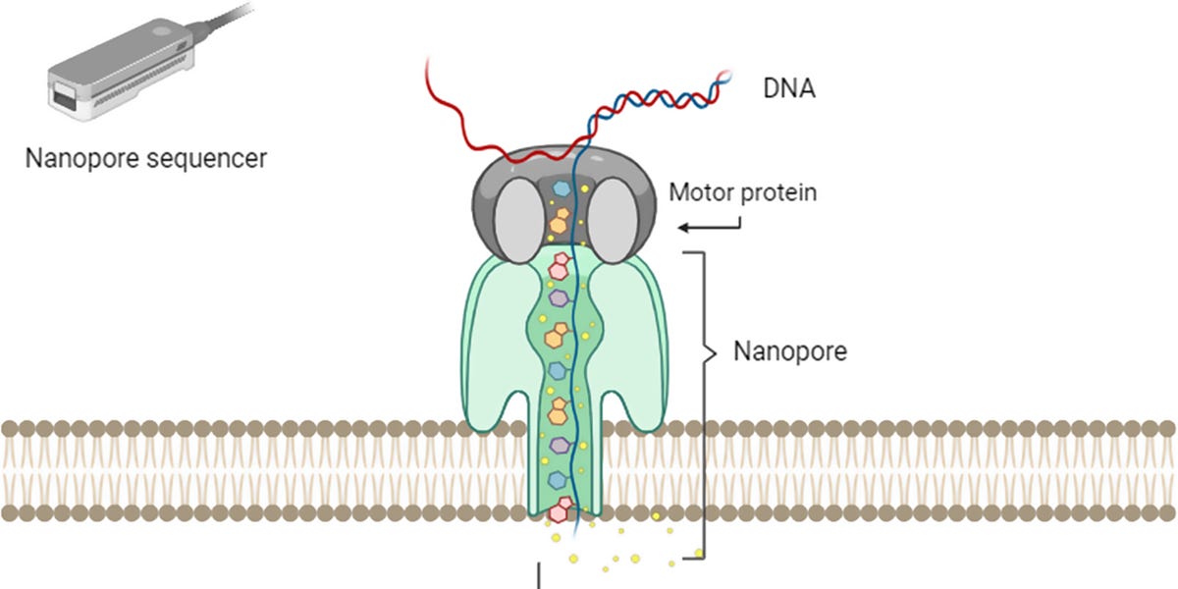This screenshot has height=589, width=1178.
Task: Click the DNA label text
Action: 789,90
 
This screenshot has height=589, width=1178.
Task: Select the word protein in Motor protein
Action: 779,193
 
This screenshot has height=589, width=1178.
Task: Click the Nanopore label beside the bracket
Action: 790,351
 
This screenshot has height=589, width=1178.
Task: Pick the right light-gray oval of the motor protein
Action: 617,219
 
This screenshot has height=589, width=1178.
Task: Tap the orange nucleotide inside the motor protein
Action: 559,220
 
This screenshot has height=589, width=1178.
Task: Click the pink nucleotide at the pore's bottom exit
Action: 560,510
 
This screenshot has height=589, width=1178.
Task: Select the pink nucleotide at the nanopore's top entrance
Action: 560,265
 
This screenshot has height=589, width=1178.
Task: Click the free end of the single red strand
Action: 428,61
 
